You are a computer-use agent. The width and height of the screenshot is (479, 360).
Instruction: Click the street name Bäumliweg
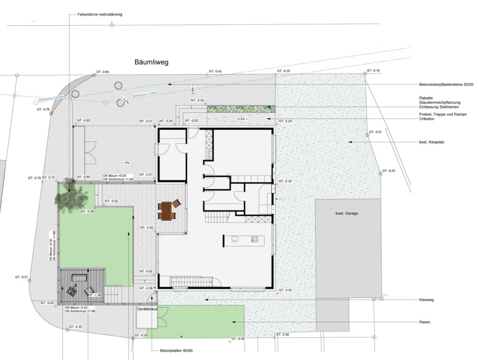(x=151, y=62)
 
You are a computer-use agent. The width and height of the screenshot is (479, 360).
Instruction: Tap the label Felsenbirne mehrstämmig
(x=99, y=15)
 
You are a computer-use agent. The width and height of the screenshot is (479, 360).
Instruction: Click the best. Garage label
(x=346, y=214)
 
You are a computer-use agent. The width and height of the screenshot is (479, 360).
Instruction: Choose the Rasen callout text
(x=425, y=322)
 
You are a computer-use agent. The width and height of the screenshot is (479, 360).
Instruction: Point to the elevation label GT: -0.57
(x=22, y=277)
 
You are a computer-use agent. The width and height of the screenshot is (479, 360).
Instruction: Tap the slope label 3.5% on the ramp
(x=243, y=119)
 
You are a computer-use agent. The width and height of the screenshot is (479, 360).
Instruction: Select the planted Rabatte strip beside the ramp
(x=240, y=109)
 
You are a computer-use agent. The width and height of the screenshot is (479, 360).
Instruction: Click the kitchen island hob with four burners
(x=254, y=239)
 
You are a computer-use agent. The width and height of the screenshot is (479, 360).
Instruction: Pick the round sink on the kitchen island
(x=234, y=239)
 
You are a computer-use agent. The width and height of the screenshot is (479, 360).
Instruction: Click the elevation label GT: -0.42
(x=215, y=72)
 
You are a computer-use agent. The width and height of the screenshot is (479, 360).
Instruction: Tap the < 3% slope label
(x=125, y=162)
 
